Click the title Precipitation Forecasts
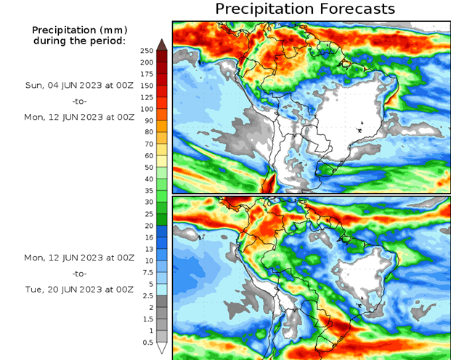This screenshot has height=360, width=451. click(x=305, y=9)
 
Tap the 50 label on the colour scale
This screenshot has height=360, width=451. click(x=146, y=167)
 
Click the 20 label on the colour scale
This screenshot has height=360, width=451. click(x=146, y=225)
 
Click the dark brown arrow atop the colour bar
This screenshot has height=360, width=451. click(x=162, y=44)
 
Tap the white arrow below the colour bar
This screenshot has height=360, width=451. click(x=162, y=347)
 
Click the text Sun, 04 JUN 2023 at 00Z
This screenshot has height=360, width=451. click(x=79, y=85)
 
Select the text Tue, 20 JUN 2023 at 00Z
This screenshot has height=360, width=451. click(x=79, y=289)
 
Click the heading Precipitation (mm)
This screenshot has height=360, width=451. click(x=79, y=30)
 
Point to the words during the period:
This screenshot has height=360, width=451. click(x=79, y=41)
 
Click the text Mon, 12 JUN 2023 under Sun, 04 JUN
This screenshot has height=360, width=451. click(x=79, y=115)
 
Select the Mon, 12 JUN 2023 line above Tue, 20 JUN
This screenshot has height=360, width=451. click(x=79, y=257)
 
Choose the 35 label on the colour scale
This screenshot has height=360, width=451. click(x=146, y=190)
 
